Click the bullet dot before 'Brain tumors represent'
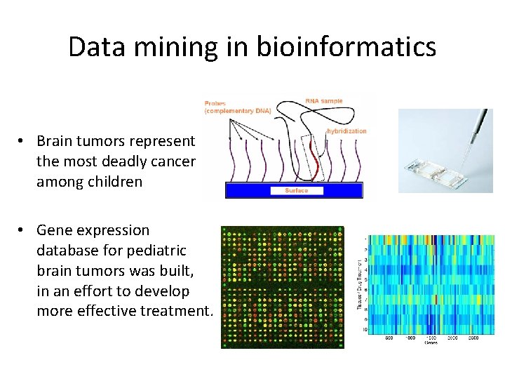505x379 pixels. point(23,141)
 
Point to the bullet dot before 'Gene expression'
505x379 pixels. point(23,230)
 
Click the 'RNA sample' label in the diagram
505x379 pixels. point(323,101)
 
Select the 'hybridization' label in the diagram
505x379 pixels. point(346,131)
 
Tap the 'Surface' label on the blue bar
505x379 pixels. point(297,190)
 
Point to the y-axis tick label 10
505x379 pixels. point(365,328)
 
